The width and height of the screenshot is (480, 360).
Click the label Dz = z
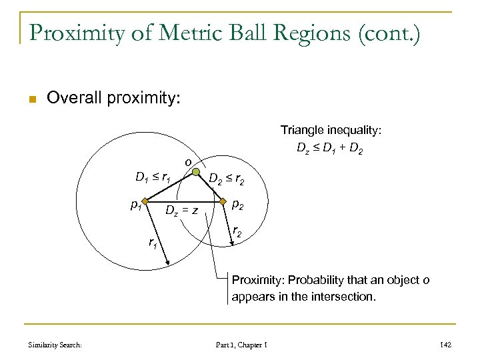coord(181,211)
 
